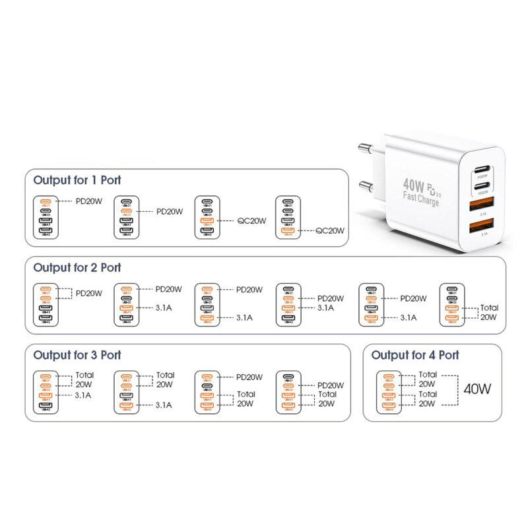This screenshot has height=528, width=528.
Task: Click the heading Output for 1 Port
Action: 77,180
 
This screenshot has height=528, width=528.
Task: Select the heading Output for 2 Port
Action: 77,267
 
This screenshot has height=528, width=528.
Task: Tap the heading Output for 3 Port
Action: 77,355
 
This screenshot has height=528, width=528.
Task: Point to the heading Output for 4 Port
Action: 415,355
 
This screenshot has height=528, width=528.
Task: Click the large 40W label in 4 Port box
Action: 477,388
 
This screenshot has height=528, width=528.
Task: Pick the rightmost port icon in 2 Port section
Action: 451,305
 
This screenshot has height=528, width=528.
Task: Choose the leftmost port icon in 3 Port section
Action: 46,393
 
